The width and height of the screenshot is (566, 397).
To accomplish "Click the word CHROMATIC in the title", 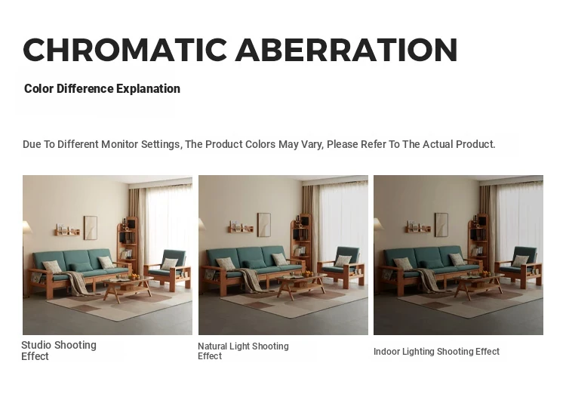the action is tap(125, 50).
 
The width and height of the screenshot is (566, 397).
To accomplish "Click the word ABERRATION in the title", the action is tap(346, 50).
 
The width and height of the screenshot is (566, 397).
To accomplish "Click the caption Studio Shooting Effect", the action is tap(59, 350).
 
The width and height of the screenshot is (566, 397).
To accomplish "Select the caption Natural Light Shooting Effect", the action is tap(243, 351).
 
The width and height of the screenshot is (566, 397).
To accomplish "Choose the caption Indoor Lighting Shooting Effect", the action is tap(436, 352).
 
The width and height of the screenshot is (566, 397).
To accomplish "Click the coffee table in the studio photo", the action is tap(128, 288).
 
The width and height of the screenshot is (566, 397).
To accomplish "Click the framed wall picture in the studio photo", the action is tap(91, 228).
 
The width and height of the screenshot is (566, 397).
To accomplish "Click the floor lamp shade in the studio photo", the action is tap(27, 227).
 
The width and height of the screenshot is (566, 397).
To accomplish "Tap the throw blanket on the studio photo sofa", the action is tap(78, 283).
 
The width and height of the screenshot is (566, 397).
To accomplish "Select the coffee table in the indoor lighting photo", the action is tap(478, 286).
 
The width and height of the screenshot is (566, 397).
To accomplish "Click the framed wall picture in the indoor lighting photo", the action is tap(441, 225).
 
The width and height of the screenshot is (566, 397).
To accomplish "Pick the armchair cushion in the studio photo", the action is tap(169, 264).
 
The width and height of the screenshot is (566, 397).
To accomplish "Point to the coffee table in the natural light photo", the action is tap(301, 286).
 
